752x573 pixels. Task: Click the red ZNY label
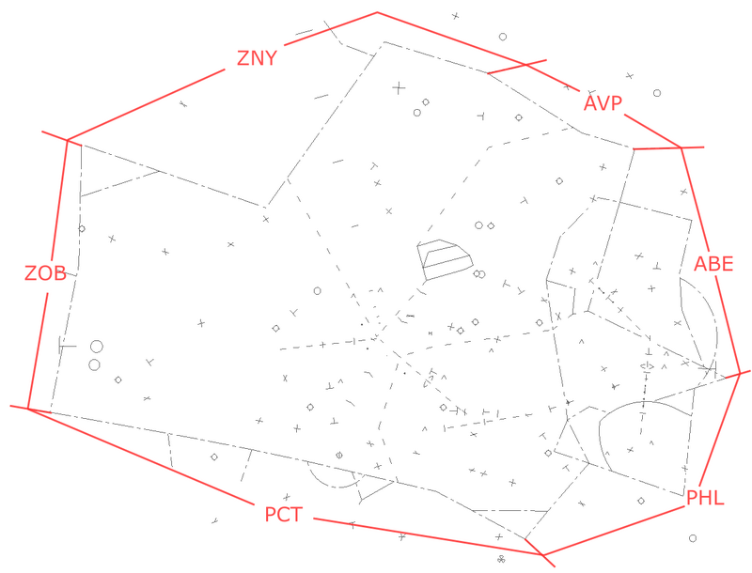pos(257,58)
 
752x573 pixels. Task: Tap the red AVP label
pos(603,103)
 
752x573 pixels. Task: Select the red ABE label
pos(713,264)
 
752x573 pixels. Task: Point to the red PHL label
pos(705,498)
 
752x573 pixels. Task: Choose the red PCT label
pos(284,515)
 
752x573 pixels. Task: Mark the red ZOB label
pos(45,273)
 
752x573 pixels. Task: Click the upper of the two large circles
pos(97,347)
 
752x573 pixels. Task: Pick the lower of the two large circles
pos(95,365)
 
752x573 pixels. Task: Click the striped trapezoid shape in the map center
pos(445,259)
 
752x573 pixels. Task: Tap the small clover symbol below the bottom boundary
pos(501,559)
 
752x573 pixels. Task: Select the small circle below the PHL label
pos(693,538)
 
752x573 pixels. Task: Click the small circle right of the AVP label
pos(657,93)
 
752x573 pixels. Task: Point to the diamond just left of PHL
pos(641,501)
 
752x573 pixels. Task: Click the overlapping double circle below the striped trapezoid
pos(479,274)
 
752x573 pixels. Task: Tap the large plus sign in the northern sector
pos(399,87)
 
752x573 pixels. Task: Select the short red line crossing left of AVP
pos(517,67)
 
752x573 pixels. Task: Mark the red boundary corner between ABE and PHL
pos(739,373)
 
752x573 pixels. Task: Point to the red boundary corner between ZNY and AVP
pos(378,12)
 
